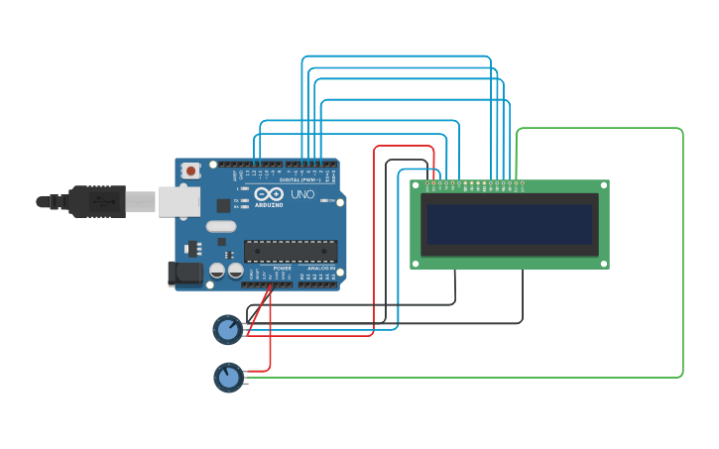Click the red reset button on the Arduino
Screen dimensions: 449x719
[x=190, y=170]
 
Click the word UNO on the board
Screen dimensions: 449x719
[x=301, y=194]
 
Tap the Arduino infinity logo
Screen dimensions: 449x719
[x=269, y=193]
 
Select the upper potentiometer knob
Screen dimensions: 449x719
[x=228, y=329]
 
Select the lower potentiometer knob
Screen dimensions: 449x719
[x=229, y=377]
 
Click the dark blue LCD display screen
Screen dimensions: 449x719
[x=510, y=224]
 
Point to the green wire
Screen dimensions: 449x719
[x=682, y=258]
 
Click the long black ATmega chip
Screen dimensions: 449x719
[x=291, y=251]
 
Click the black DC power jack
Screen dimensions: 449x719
[x=184, y=274]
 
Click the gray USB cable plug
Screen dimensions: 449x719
[x=97, y=201]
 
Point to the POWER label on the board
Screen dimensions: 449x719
[x=282, y=269]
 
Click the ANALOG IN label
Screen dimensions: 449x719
[x=320, y=269]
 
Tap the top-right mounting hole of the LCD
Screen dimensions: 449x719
[x=603, y=185]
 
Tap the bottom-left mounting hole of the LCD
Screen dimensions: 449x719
[x=416, y=264]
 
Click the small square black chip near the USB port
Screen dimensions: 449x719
[x=223, y=206]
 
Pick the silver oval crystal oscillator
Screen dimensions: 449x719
[x=221, y=226]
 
